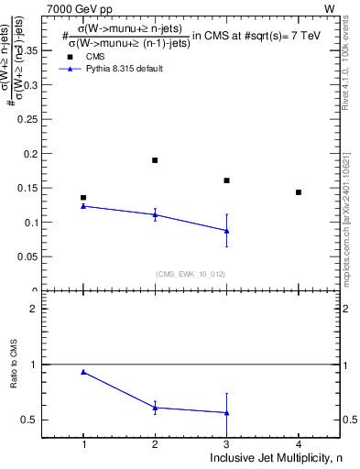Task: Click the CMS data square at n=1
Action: click(83, 197)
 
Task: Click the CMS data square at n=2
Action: click(155, 160)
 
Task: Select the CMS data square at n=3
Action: click(226, 180)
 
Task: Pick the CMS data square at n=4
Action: click(299, 192)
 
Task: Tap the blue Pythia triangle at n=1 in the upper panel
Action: click(83, 206)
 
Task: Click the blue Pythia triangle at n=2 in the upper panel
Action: click(155, 214)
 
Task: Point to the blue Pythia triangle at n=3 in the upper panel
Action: click(226, 231)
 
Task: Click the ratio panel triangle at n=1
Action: click(83, 372)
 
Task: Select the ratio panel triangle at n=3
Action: click(226, 413)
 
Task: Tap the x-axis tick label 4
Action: click(299, 444)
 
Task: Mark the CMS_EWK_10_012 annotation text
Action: click(191, 274)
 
